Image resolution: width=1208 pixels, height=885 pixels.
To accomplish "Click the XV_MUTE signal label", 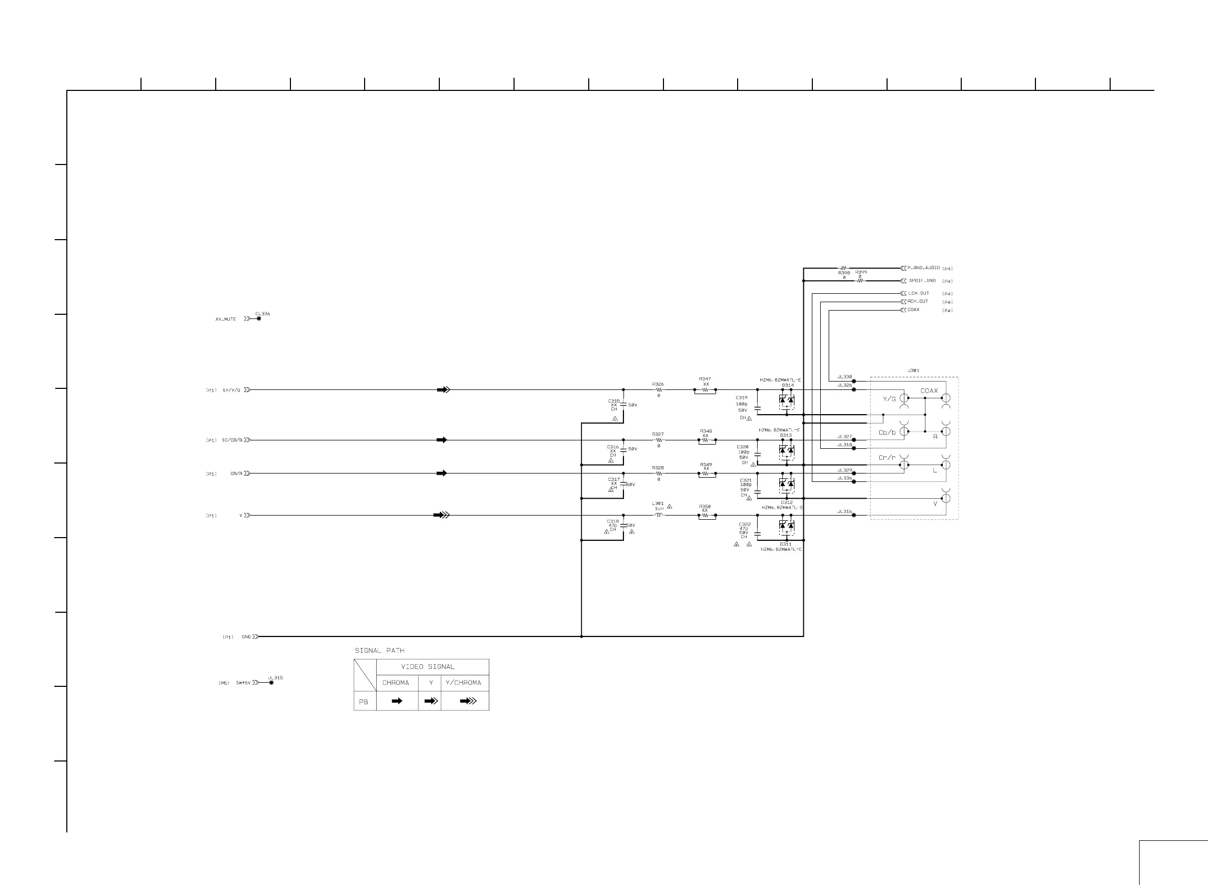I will tap(226, 320).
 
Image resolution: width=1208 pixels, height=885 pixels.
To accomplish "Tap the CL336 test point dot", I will tap(259, 319).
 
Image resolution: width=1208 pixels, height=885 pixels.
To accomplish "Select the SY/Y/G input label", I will tap(231, 390).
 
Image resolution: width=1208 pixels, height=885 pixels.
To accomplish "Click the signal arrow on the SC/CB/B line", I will tap(442, 440).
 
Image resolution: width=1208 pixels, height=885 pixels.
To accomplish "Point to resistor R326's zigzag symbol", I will tap(658, 390).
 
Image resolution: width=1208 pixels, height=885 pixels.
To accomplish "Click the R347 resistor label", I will tap(705, 379).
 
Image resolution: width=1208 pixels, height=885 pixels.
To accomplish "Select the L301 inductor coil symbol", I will tap(659, 516).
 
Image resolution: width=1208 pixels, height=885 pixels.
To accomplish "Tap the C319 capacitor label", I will tap(741, 398).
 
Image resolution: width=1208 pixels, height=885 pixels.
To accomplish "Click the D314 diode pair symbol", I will tap(787, 400).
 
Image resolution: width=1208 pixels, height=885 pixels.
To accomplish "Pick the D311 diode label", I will tap(786, 544).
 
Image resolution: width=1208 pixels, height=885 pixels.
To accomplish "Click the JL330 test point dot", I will tap(854, 382).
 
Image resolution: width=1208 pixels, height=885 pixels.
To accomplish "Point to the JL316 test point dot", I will tap(854, 516).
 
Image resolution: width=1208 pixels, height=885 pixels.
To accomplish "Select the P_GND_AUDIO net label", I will tap(923, 268).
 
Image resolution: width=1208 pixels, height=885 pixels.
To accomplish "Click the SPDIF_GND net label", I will tap(922, 281).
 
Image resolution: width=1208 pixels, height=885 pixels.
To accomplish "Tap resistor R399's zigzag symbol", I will tap(860, 281).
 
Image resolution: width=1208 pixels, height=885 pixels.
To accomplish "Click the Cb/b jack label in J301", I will tap(887, 433).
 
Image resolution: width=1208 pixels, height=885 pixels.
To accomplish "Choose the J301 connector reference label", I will tap(913, 371).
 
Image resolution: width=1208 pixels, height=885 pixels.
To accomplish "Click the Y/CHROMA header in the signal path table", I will tap(463, 683).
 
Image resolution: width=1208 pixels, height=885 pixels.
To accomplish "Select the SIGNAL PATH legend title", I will tap(380, 651).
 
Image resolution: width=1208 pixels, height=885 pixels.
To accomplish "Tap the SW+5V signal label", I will tap(243, 683).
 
